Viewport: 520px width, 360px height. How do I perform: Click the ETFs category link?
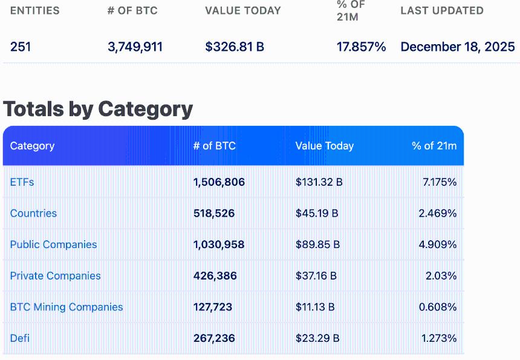click(x=22, y=182)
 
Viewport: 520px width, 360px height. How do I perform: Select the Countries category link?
click(x=33, y=214)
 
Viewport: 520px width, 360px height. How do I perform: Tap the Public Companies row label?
click(x=53, y=244)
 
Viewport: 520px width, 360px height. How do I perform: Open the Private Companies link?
click(x=55, y=276)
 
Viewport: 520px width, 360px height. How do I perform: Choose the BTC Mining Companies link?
click(x=67, y=307)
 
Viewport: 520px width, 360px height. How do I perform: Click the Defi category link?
click(x=19, y=338)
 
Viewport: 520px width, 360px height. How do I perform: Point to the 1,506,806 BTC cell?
click(x=219, y=182)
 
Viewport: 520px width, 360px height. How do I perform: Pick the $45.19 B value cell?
click(x=317, y=214)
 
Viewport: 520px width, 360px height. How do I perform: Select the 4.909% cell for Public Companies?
click(x=438, y=244)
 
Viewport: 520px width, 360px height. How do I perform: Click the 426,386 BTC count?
click(x=215, y=276)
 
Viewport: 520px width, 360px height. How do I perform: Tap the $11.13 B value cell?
click(x=315, y=307)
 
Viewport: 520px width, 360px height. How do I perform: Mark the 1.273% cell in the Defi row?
click(x=438, y=338)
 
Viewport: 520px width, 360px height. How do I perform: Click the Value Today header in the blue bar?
click(x=324, y=146)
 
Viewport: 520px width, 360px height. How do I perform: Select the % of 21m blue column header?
click(x=434, y=146)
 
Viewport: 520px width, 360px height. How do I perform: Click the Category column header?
click(x=32, y=146)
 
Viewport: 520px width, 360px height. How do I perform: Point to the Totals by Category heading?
click(x=98, y=109)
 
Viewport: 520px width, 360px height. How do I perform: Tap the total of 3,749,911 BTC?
click(x=135, y=47)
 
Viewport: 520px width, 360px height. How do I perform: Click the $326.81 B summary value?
click(x=235, y=47)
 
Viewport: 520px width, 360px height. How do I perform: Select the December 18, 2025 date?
click(x=458, y=47)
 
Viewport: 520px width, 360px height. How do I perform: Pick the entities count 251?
click(x=21, y=47)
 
